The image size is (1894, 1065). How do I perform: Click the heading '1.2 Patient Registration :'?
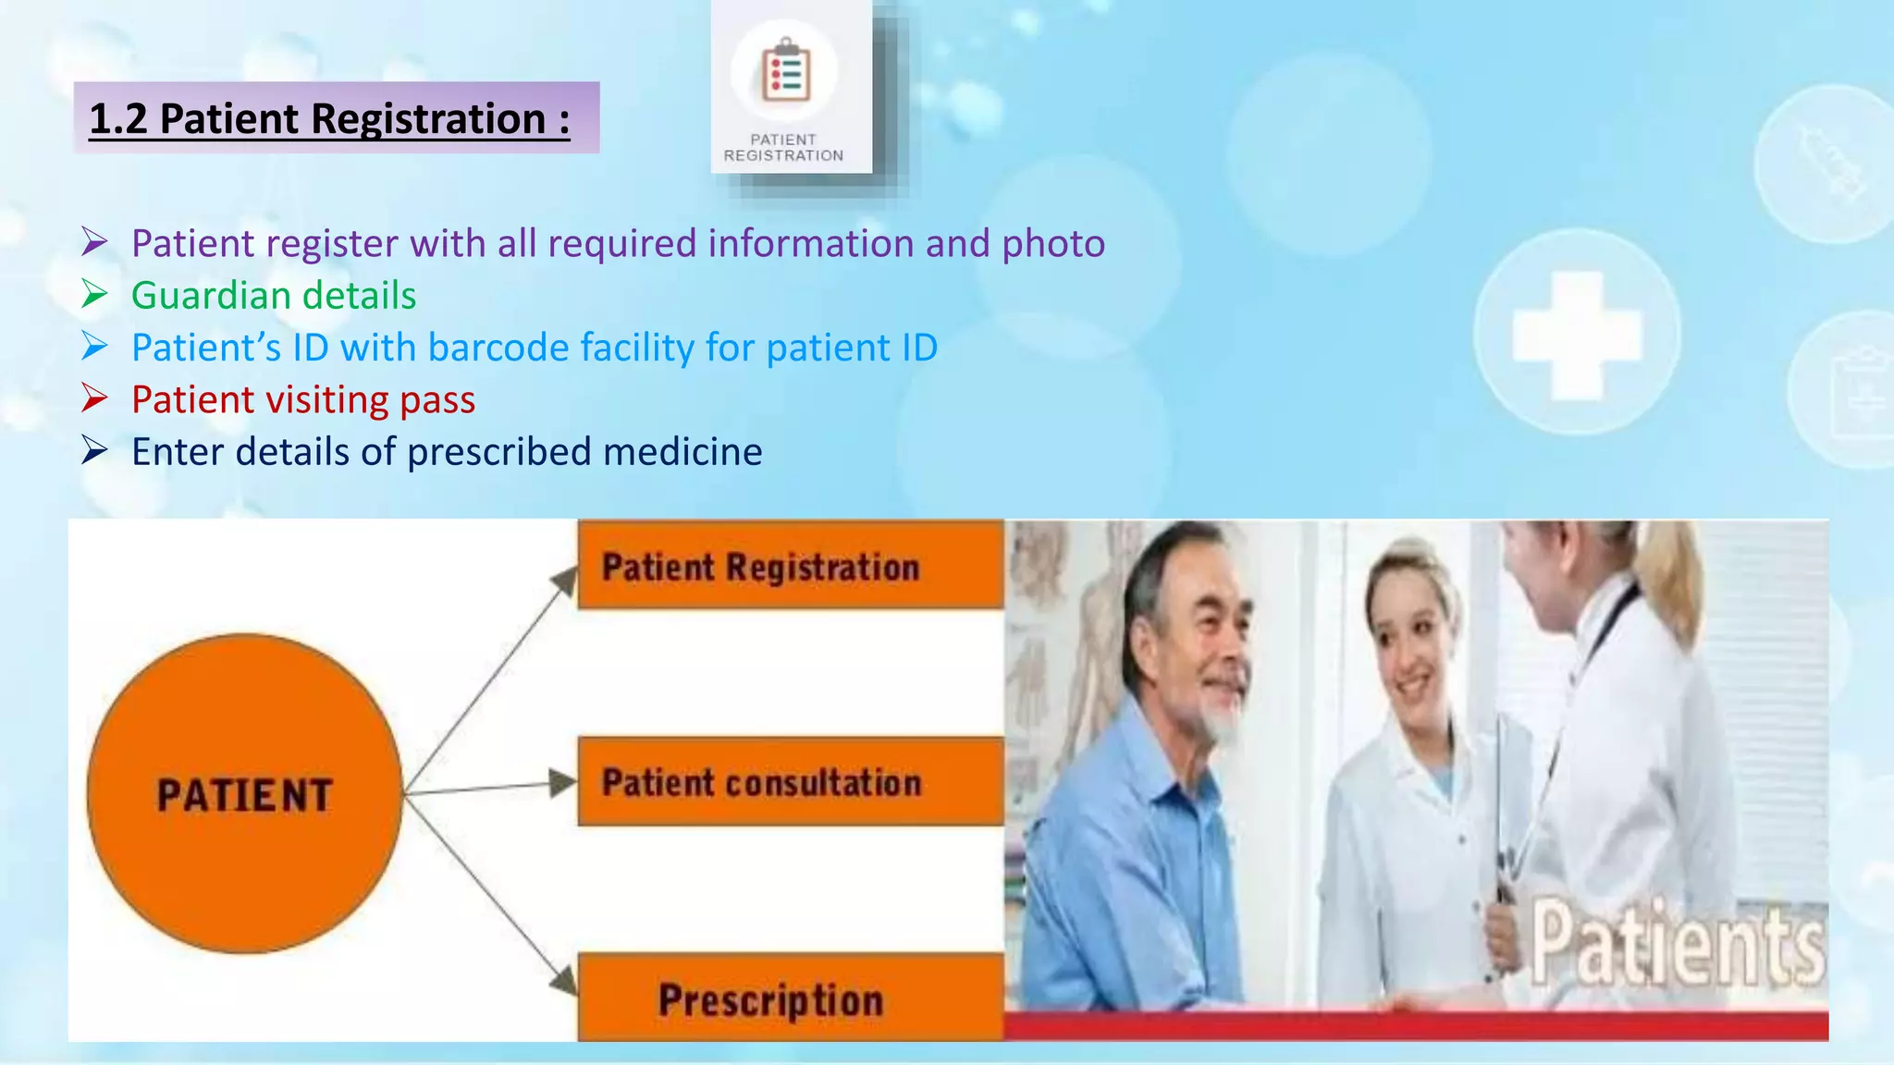329,119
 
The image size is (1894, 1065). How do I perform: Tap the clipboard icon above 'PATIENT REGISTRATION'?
785,72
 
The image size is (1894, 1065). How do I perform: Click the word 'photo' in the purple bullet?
1053,243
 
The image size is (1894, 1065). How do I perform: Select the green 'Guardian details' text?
274,296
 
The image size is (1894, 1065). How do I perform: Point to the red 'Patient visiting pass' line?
303,399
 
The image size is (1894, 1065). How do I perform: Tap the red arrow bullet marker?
94,398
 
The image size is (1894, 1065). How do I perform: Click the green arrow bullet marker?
94,294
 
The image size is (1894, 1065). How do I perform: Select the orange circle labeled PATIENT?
244,793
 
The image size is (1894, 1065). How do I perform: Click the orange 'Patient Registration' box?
789,565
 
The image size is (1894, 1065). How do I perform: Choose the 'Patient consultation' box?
789,782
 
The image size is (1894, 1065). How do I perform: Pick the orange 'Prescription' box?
789,998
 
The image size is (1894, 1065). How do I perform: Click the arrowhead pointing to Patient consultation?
561,783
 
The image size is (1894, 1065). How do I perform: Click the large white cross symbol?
1576,335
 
